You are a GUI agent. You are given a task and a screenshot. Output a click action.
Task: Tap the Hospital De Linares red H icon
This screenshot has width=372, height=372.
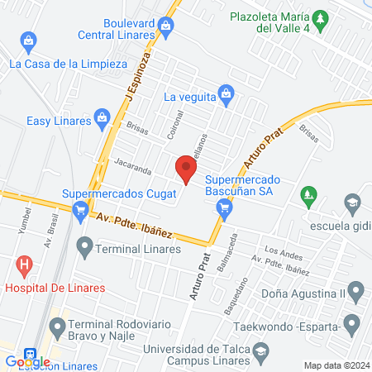pos(25,266)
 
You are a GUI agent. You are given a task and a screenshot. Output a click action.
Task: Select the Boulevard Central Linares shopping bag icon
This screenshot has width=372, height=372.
pos(166,26)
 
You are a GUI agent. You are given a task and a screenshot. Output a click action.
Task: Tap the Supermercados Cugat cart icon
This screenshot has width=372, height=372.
pos(80,212)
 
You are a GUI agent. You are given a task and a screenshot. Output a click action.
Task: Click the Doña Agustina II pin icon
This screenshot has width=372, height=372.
pos(356,290)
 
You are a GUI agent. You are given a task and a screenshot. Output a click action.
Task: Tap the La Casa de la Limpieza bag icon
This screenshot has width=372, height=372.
pos(29,40)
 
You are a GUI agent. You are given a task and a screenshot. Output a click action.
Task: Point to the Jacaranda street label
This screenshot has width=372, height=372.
pos(132,167)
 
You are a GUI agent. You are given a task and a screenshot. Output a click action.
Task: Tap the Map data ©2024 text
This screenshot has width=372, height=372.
pos(336,365)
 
